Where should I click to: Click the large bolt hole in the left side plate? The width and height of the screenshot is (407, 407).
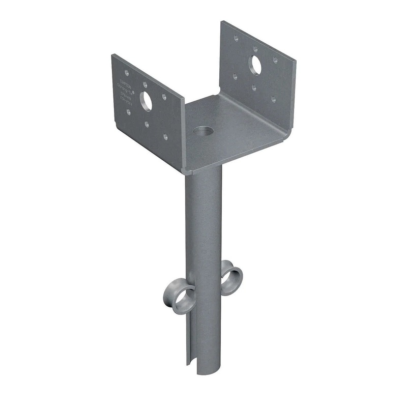coord(146,101)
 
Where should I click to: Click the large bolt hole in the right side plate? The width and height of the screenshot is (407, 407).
coord(255,65)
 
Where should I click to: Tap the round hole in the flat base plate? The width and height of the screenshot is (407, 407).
coord(203,131)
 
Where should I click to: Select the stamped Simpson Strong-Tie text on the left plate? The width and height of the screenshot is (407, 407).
coord(125,91)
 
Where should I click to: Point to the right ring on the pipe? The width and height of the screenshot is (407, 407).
coord(231,278)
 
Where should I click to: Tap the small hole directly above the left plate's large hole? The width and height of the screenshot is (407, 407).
coord(146,84)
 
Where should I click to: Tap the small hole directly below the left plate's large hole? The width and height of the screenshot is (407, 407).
coord(147,124)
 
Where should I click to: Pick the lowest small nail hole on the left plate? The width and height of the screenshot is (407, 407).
coord(165,136)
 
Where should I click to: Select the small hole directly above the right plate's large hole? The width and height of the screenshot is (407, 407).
coord(255,49)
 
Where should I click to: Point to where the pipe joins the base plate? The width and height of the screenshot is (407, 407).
coord(203,168)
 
